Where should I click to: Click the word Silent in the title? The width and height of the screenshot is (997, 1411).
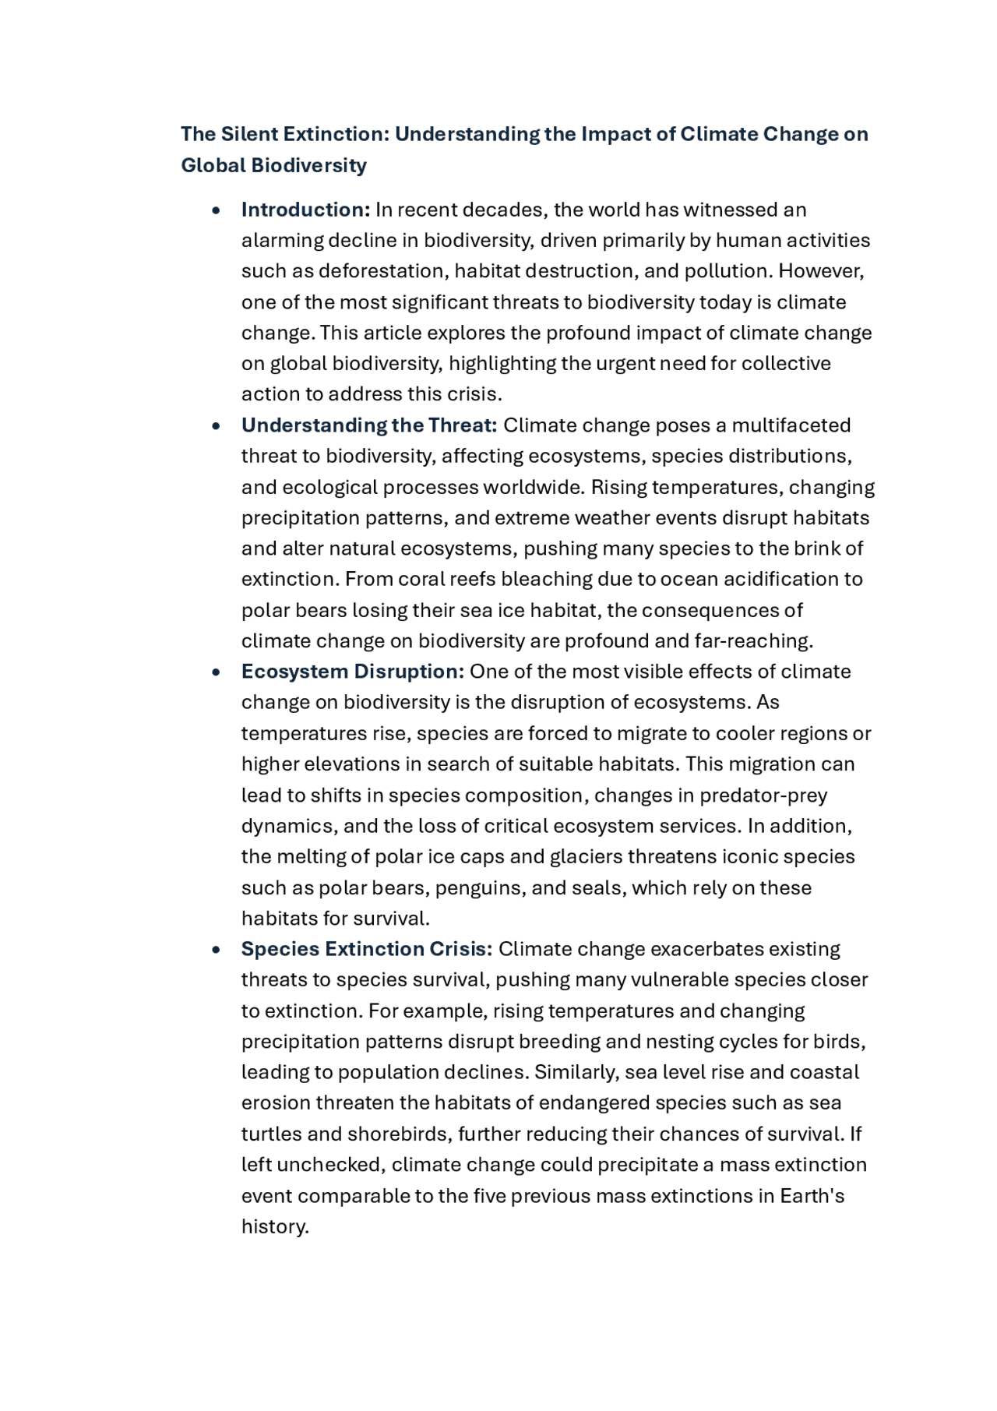[x=249, y=134]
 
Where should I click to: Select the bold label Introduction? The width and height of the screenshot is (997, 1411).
[x=305, y=210]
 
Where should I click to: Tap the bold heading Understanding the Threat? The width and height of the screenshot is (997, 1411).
[x=368, y=425]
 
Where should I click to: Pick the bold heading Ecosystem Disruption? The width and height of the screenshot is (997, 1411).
[x=352, y=672]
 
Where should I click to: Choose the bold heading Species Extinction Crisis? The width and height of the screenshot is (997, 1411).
[x=366, y=949]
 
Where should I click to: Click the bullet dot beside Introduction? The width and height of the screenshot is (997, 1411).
[x=216, y=210]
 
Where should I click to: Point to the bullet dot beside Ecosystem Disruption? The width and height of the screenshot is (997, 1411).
[x=216, y=672]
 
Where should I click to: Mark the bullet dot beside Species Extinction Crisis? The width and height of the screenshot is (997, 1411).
[x=216, y=950]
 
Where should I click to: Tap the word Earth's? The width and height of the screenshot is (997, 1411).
[x=812, y=1196]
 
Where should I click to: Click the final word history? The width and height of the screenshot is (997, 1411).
[x=274, y=1226]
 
